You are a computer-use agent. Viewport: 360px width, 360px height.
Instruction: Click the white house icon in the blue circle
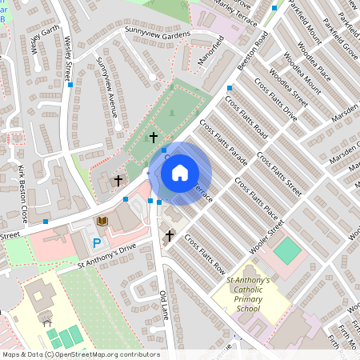tap(180, 173)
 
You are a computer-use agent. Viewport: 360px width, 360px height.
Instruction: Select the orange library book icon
tap(102, 221)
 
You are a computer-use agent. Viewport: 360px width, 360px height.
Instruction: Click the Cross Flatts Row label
tap(205, 254)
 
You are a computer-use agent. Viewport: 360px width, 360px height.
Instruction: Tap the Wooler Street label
tap(266, 238)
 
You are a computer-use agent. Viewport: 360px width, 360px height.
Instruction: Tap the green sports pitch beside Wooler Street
tap(290, 251)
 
